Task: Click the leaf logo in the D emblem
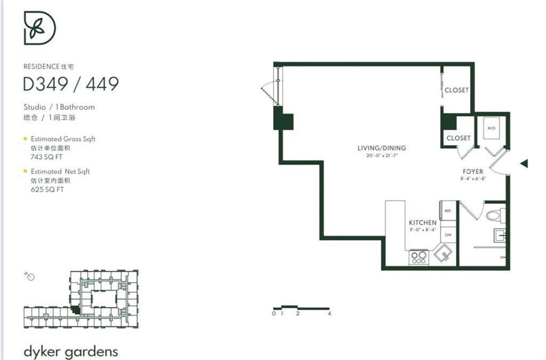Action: pyautogui.click(x=37, y=29)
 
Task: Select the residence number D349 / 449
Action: pyautogui.click(x=70, y=84)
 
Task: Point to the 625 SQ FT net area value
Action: pyautogui.click(x=47, y=189)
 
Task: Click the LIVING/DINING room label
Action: pyautogui.click(x=381, y=148)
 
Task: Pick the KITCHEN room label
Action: pyautogui.click(x=422, y=222)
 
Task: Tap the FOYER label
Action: pyautogui.click(x=472, y=172)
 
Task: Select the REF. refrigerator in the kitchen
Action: pyautogui.click(x=448, y=211)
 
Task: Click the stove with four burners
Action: pyautogui.click(x=419, y=258)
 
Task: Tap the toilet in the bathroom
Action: pyautogui.click(x=494, y=215)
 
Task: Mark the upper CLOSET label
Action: pyautogui.click(x=456, y=90)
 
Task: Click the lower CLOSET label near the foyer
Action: pyautogui.click(x=458, y=138)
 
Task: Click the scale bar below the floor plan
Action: pyautogui.click(x=301, y=308)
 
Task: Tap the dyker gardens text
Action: pyautogui.click(x=70, y=351)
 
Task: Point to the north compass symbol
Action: pyautogui.click(x=30, y=276)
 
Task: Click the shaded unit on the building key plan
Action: pyautogui.click(x=76, y=309)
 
